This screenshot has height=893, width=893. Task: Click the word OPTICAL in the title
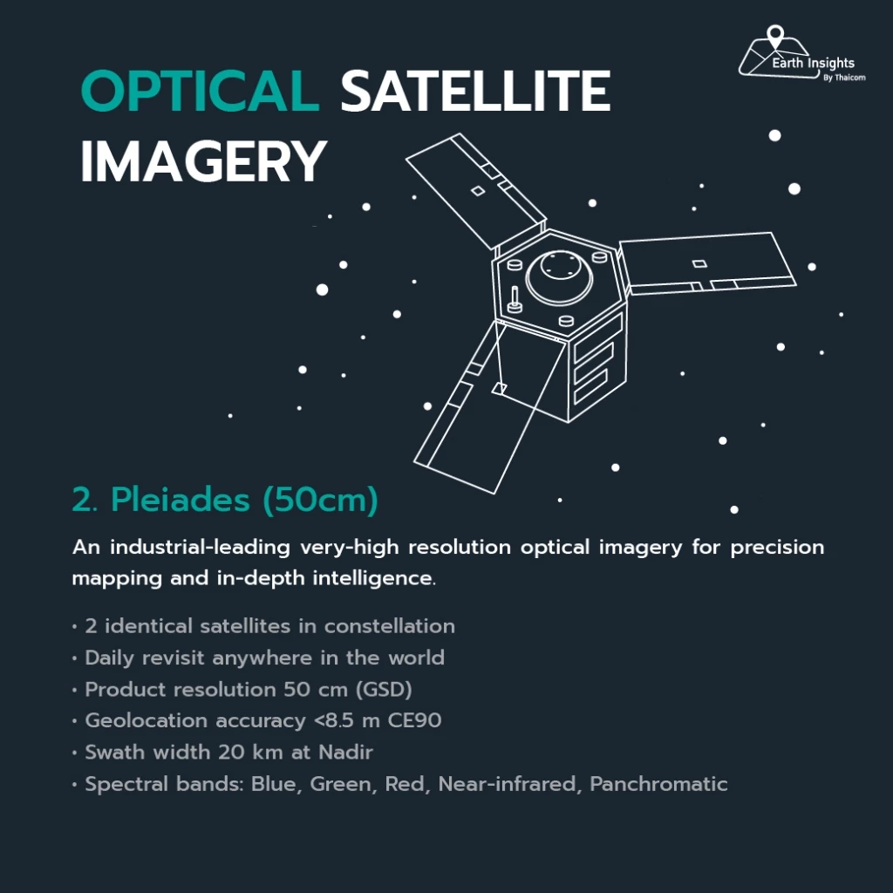click(x=200, y=91)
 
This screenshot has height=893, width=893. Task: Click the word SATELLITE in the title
click(x=475, y=91)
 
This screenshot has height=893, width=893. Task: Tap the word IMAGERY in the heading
click(x=204, y=161)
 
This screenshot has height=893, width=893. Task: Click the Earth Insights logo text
click(x=813, y=63)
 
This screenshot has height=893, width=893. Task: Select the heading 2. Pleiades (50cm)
click(x=225, y=500)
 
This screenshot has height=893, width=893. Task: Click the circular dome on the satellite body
click(x=559, y=276)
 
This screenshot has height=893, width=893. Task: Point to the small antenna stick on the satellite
click(x=515, y=300)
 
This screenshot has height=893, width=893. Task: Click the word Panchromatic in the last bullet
click(x=658, y=784)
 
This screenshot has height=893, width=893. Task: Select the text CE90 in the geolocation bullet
click(x=414, y=720)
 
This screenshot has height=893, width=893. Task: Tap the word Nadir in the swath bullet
click(x=345, y=752)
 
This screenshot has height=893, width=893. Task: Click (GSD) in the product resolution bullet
click(x=384, y=690)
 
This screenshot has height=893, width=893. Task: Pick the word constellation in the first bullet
click(x=390, y=626)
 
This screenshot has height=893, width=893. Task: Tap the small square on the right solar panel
click(x=699, y=263)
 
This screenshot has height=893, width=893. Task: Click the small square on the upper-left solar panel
click(x=478, y=191)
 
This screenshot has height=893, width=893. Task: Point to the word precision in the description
click(x=777, y=548)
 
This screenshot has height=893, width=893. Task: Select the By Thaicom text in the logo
click(x=844, y=78)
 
